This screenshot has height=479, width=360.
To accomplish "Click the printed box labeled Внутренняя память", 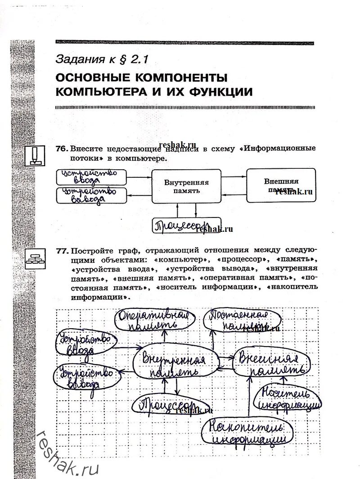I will [186, 186].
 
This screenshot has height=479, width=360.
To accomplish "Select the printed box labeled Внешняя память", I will [281, 185].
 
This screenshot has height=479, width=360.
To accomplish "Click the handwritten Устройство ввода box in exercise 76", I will [90, 177].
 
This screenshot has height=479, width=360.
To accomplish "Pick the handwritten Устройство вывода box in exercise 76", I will [90, 197].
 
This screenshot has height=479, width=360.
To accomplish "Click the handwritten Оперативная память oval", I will [153, 320].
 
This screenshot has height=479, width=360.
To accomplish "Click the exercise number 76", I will [62, 148].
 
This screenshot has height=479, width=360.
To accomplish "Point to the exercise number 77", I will [62, 250].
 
